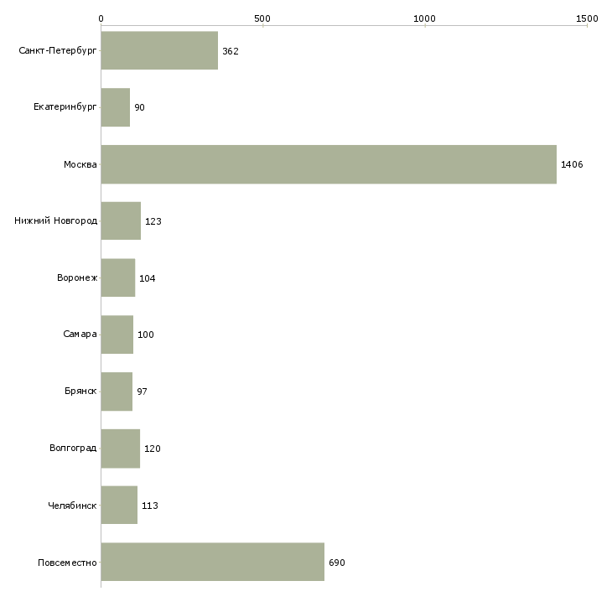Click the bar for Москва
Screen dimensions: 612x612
point(329,164)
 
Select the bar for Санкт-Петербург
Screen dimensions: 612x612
point(159,51)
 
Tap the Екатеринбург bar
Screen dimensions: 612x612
point(116,107)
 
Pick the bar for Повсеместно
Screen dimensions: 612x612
point(212,562)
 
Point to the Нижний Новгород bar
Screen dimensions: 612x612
point(121,221)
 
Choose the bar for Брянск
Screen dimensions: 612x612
point(117,392)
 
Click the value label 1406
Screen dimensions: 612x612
point(572,164)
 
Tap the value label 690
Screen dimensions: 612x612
point(337,563)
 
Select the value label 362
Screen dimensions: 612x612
point(231,51)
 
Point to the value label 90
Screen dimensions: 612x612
point(139,108)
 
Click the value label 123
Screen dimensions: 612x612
point(153,221)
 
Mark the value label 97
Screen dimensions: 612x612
point(142,392)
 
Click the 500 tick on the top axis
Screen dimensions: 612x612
point(262,18)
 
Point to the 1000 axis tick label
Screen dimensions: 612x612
point(425,18)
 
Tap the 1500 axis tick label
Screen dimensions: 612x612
point(587,18)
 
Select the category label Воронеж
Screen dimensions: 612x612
point(77,278)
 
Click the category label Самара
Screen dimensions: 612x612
point(80,335)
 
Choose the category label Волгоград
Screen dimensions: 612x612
point(73,449)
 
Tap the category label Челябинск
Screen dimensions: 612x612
point(73,506)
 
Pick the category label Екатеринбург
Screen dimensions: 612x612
point(65,108)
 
